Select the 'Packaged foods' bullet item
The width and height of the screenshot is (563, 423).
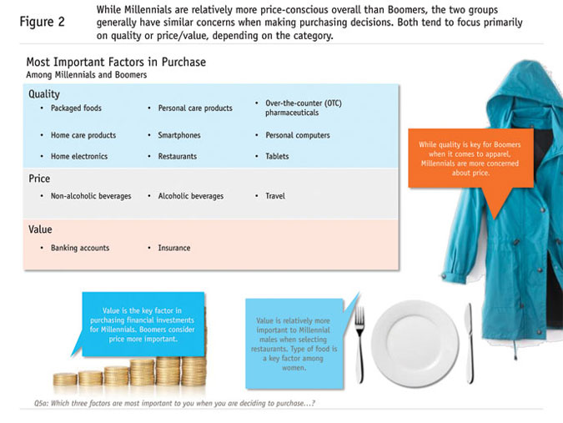point(75,108)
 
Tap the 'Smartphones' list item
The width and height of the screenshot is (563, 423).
point(179,135)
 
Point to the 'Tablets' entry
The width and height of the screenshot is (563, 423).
point(277,156)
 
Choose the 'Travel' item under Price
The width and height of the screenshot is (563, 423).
point(275,196)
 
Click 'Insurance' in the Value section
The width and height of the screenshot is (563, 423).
point(173,248)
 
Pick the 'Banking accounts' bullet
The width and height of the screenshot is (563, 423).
point(80,248)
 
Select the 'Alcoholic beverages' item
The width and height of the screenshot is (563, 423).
point(191,196)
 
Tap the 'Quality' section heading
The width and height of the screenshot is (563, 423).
point(44,94)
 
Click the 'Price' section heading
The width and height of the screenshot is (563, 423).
point(39,179)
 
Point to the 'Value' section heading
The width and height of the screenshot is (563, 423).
point(40,229)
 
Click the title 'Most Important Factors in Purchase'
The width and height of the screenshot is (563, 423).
point(116,62)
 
